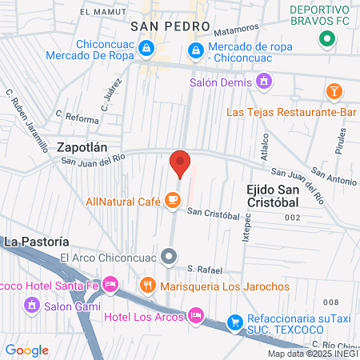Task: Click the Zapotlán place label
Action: click(x=82, y=147)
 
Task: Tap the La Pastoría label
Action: click(x=36, y=241)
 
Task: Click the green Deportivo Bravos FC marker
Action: click(x=326, y=38)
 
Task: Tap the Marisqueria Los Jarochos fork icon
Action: click(x=147, y=284)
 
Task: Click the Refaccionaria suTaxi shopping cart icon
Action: click(x=234, y=322)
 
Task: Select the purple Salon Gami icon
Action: click(x=32, y=305)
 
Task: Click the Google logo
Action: click(x=26, y=350)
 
